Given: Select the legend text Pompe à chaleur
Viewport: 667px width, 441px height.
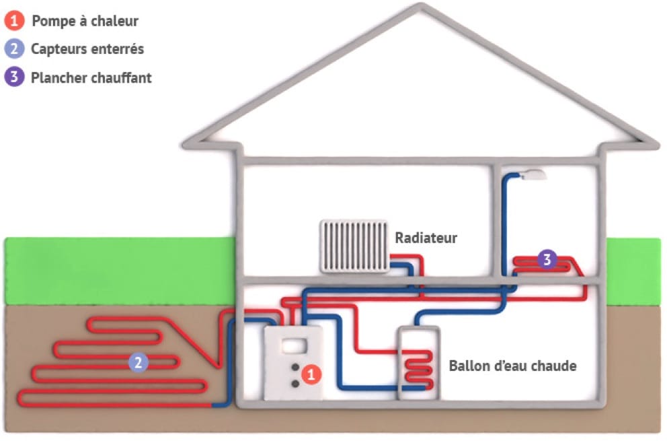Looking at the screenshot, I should point(85,21).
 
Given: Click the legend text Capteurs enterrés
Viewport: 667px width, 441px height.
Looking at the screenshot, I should point(87,49).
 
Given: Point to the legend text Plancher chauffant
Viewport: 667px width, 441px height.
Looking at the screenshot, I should point(91,77).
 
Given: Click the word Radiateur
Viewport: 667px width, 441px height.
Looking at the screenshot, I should point(426,238).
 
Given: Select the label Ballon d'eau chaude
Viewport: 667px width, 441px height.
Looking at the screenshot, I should point(512,366).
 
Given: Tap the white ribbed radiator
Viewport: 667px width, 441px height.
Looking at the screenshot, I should point(354,246).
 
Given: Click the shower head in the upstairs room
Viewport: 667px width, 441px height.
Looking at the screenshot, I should point(534,174).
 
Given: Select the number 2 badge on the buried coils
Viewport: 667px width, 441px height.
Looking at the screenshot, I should point(138,363).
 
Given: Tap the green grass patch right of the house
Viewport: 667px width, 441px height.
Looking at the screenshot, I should point(633,269).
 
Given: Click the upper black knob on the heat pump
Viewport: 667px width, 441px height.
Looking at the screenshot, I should point(295,368).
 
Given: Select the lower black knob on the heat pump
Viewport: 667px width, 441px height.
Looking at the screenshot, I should point(295,383).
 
